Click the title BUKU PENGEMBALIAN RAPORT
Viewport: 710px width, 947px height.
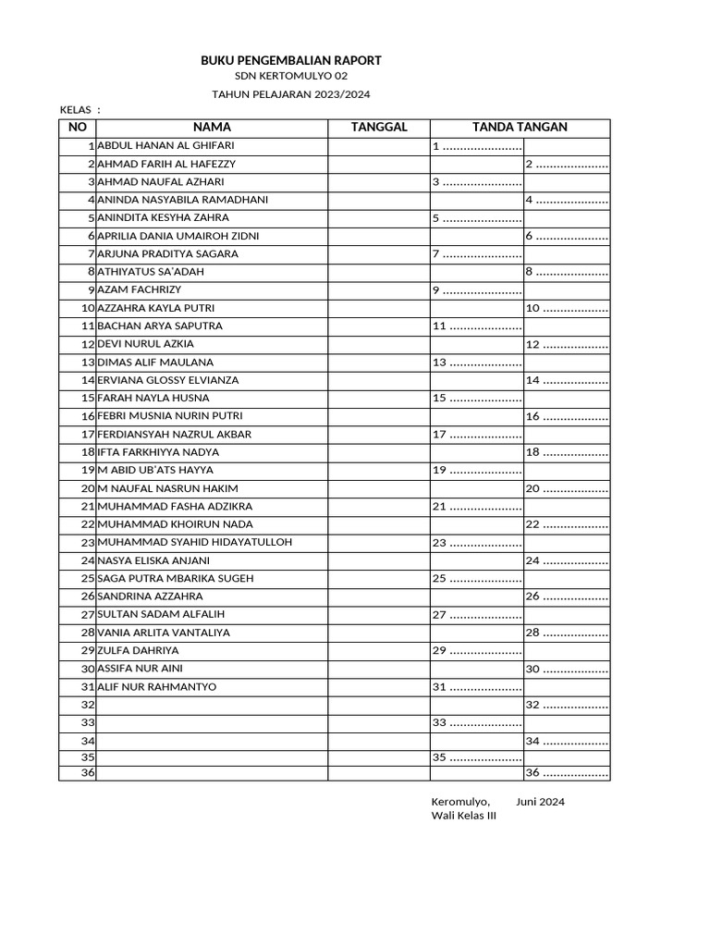point(291,60)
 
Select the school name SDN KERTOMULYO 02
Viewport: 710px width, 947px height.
point(291,77)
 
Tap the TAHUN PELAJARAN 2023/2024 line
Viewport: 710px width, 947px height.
point(291,94)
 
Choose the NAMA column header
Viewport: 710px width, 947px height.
point(212,128)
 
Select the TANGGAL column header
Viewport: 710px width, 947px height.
point(378,128)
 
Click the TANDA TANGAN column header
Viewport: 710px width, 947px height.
point(519,128)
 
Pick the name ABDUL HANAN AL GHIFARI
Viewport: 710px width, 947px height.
point(165,146)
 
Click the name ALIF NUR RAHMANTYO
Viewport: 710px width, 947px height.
point(156,687)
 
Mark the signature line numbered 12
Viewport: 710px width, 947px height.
point(566,345)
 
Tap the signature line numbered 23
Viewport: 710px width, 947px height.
point(476,543)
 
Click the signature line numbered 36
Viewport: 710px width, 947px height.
point(566,773)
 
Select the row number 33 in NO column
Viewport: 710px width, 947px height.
point(89,722)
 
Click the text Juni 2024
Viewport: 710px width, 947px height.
point(541,802)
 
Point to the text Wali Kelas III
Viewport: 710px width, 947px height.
point(463,816)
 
